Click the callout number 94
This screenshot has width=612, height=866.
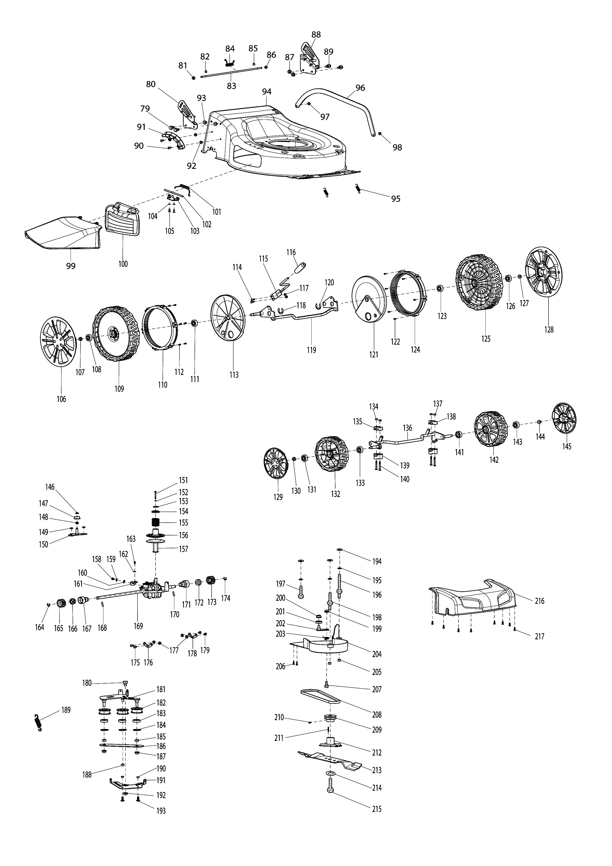click(267, 92)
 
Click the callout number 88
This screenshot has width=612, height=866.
click(316, 34)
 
